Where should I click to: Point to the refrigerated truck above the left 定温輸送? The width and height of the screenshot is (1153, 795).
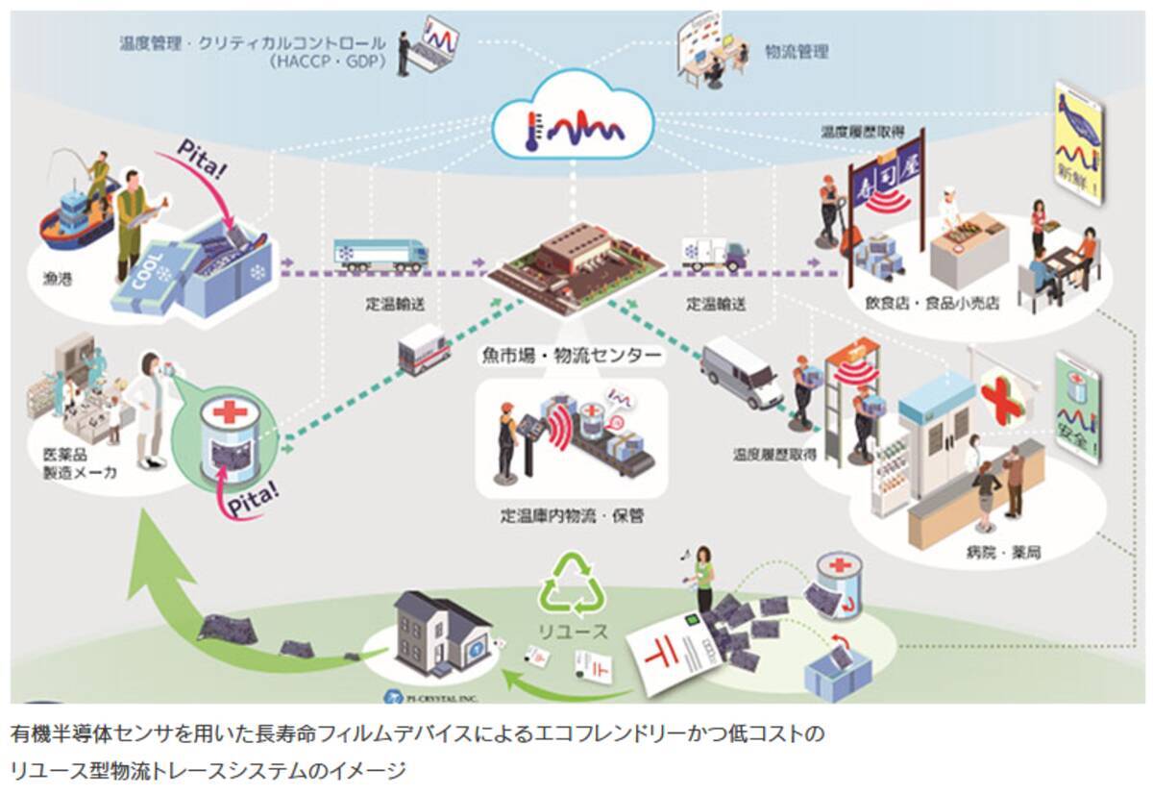tap(380, 253)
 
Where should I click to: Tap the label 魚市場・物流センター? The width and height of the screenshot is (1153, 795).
tap(571, 356)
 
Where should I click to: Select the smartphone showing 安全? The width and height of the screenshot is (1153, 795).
tap(1078, 408)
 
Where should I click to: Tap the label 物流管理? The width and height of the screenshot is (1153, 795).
tap(797, 51)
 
